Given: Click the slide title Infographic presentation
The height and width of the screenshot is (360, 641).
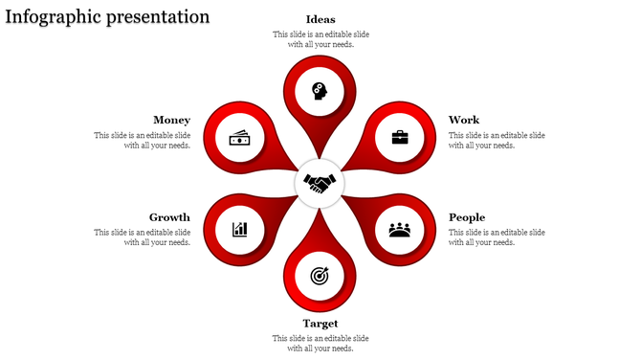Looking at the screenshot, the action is point(107,16).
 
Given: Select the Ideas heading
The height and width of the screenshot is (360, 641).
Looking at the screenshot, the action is point(320,19).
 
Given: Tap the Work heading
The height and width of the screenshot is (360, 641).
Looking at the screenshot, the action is point(464,120).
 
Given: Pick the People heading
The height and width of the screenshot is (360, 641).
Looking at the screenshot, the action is point(467,217).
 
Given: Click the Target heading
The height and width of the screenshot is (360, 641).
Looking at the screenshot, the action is point(320,324).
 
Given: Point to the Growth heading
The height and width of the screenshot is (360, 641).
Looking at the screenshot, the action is point(169,217).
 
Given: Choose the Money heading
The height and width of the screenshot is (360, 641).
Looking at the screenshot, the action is point(171,120).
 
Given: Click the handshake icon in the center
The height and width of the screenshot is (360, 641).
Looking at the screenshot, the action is point(320,182).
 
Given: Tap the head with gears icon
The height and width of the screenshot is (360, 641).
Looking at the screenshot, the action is point(320,91).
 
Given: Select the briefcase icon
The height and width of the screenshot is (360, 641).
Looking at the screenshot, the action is point(400,137).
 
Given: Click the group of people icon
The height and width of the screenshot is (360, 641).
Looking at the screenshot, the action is point(400,230).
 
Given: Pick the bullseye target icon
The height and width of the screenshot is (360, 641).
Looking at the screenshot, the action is point(320,276).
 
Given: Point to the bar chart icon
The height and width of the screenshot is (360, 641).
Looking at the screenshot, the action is point(239,230).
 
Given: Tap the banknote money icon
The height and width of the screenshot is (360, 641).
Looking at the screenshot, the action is point(239,138).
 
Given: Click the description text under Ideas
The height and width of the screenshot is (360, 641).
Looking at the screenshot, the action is point(320,39).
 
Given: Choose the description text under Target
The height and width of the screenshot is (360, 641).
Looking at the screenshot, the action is point(320,343).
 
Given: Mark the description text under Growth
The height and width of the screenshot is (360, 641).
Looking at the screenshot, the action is point(143,237).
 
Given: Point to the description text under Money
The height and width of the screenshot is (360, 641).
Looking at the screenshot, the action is point(143,141).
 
